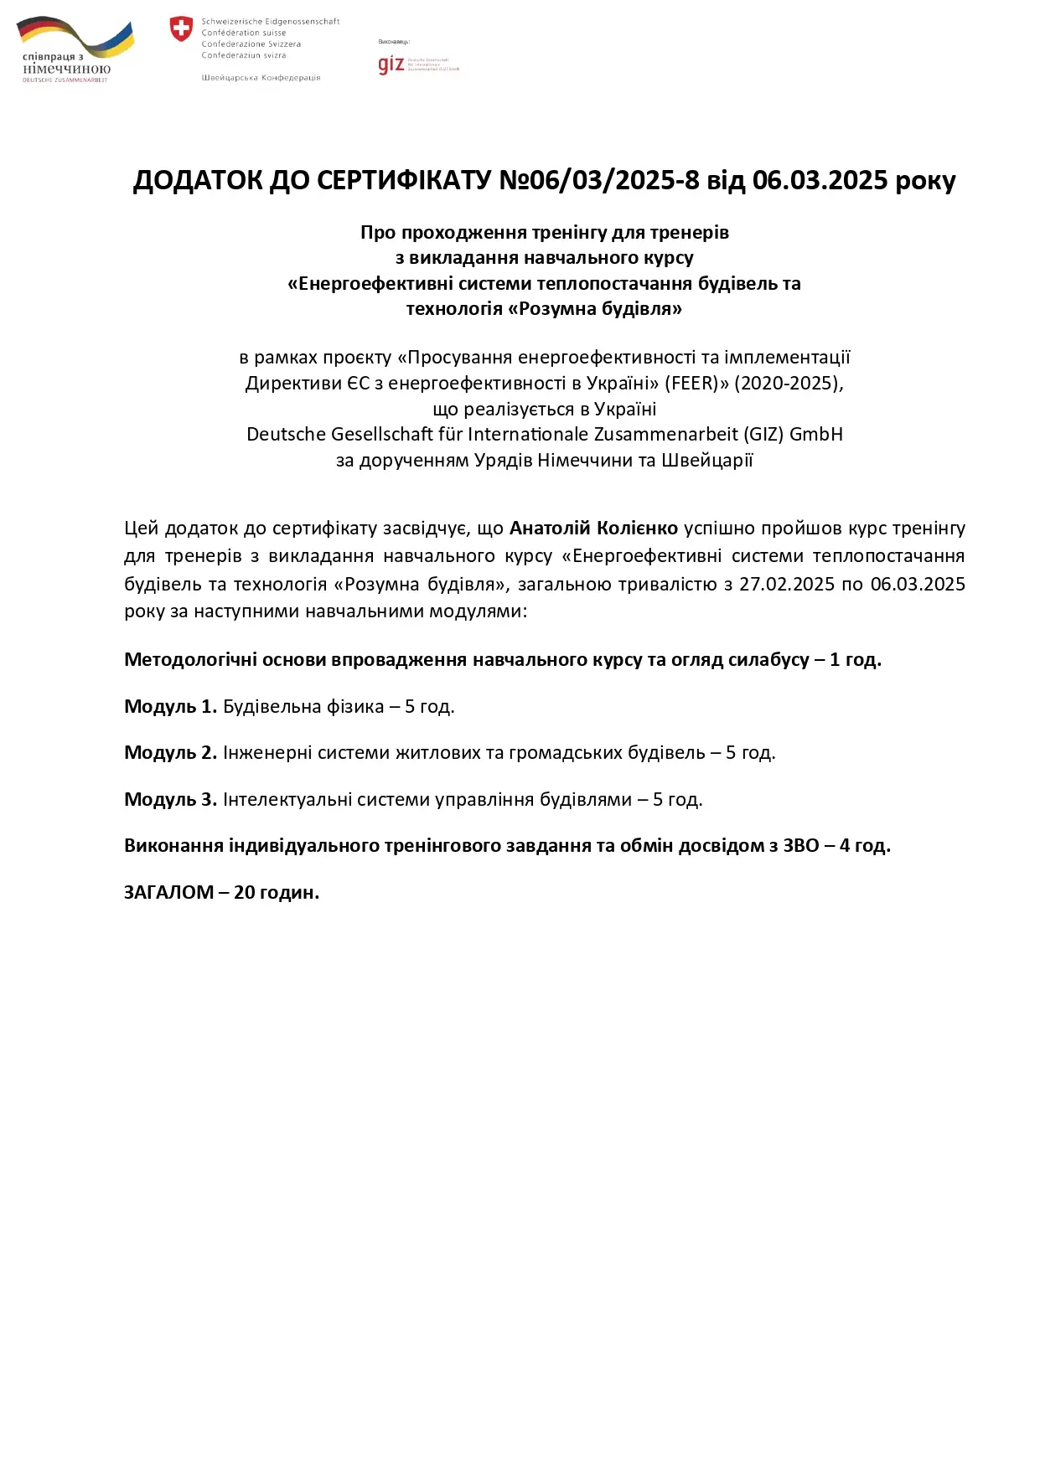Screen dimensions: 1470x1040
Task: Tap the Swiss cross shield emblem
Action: pos(181,29)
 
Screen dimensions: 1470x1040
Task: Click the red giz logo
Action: pos(391,64)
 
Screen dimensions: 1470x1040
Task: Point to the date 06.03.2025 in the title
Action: pos(820,180)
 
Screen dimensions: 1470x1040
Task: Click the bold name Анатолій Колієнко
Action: pos(593,528)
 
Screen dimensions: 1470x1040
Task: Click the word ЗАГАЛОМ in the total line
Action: pos(169,892)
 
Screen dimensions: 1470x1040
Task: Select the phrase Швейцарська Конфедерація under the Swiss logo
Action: pos(261,78)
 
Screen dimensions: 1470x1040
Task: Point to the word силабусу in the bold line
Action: pos(768,659)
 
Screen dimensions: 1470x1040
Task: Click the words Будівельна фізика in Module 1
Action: pos(303,706)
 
